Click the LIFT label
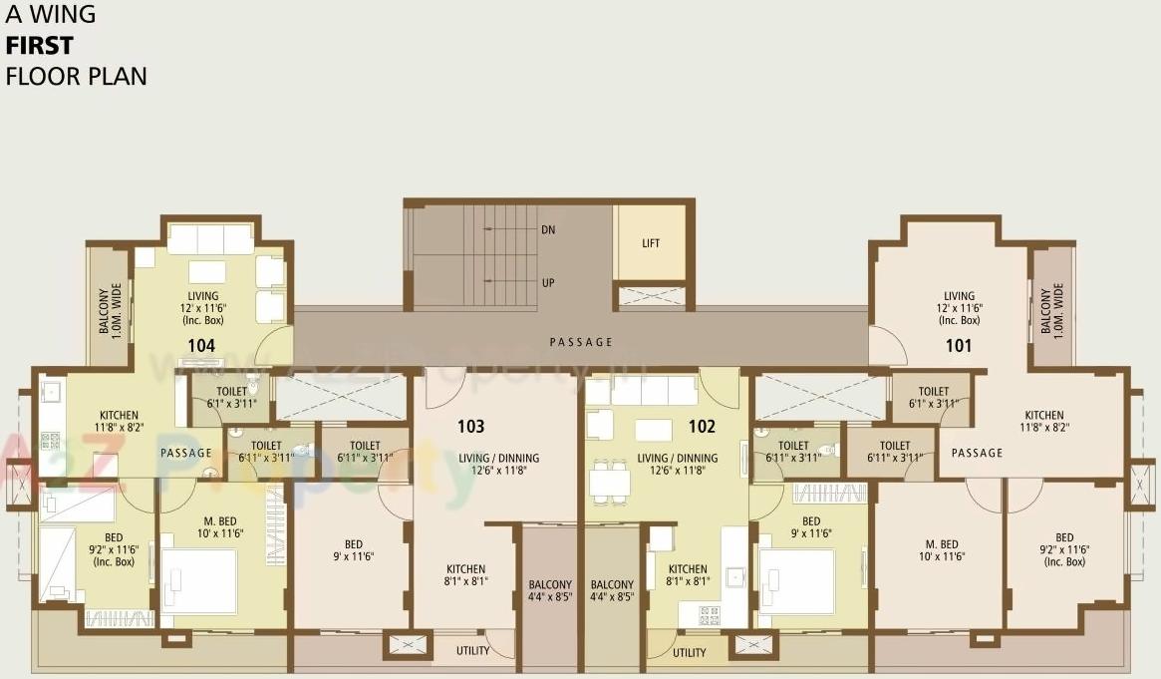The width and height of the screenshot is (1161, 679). [x=651, y=243]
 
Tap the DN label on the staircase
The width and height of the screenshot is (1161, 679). [x=548, y=229]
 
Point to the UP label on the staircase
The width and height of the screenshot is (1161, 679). [x=548, y=282]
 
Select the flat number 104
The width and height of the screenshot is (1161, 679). [x=201, y=346]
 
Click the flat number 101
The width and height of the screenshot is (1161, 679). [x=959, y=346]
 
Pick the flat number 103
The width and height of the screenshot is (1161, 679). [x=470, y=427]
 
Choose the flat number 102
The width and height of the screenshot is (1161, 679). [x=702, y=427]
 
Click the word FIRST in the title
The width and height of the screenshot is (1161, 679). [x=39, y=45]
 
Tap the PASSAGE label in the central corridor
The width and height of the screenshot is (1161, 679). [x=581, y=342]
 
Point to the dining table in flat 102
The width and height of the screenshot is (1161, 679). [x=609, y=483]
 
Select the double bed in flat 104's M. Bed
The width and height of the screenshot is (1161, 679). [x=198, y=580]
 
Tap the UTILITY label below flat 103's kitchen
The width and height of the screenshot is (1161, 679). [x=472, y=651]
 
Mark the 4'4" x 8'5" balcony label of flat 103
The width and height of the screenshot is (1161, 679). [x=550, y=591]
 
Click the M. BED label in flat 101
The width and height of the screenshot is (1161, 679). [x=941, y=550]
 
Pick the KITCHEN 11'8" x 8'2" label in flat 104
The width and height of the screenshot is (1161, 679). [x=119, y=421]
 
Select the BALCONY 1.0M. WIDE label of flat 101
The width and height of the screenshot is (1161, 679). [x=1051, y=310]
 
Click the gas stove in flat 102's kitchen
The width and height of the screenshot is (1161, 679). [x=710, y=614]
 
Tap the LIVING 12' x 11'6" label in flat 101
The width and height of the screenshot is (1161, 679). [x=959, y=308]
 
